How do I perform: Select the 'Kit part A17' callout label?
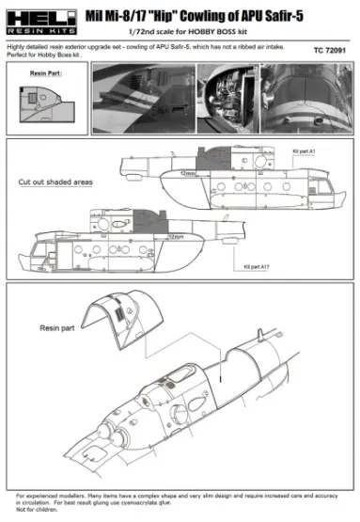(265, 267)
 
